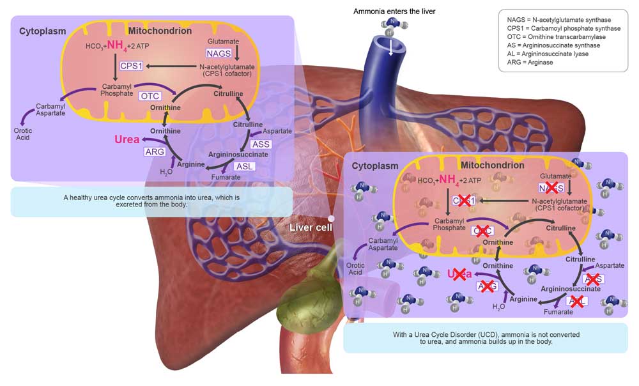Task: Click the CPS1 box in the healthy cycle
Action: pos(131,65)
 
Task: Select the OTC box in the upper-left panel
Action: pos(149,96)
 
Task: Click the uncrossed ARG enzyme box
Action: pos(155,151)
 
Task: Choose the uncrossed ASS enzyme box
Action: pos(261,144)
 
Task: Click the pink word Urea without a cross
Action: pos(127,139)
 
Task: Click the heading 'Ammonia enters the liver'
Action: pos(394,12)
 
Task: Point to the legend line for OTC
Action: pos(551,37)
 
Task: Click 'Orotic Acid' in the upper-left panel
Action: pos(24,134)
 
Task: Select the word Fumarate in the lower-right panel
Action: pos(558,312)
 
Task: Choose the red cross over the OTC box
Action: pos(483,230)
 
